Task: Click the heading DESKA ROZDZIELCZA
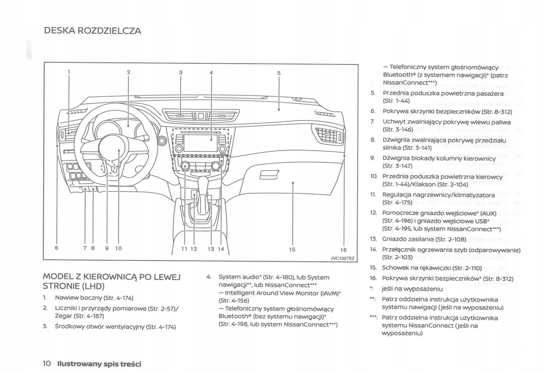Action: pos(93,31)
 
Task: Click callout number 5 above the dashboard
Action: pos(279,73)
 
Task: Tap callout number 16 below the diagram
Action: pos(343,250)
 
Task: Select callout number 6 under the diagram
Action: pos(57,248)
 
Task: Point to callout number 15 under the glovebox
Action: pos(292,250)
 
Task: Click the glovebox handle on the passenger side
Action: pos(269,176)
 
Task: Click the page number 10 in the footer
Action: pos(47,364)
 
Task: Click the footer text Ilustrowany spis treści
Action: pos(99,364)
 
